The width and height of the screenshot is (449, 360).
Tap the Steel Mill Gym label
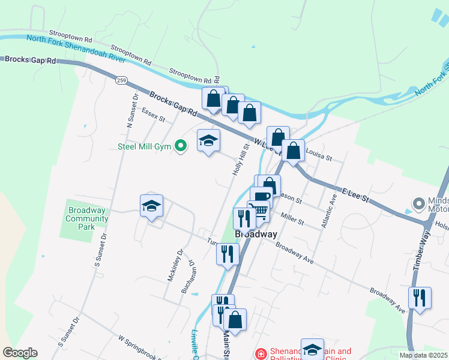144,146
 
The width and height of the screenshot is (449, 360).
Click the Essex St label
154,114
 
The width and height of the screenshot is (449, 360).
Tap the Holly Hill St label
240,160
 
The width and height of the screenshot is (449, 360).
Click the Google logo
20,353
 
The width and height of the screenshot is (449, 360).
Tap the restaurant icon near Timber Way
420,297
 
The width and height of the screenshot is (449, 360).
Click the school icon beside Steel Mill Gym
209,140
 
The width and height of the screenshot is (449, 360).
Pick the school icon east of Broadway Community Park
151,206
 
